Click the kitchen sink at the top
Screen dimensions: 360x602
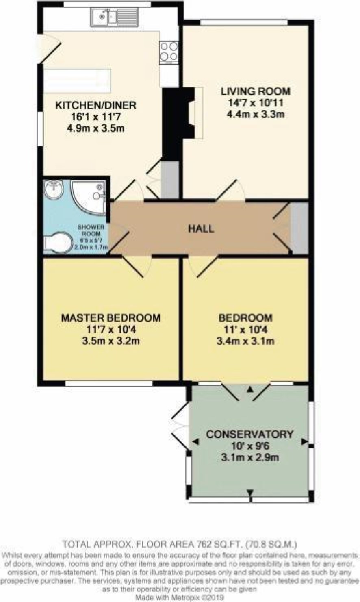115,17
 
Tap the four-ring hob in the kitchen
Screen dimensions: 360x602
169,52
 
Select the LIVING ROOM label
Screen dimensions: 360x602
256,91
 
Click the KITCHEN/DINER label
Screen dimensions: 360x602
96,105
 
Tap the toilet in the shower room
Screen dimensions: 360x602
58,243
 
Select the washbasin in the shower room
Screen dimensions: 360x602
54,189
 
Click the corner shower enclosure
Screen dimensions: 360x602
89,197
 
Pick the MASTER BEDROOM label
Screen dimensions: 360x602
111,318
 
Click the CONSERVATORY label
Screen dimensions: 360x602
249,434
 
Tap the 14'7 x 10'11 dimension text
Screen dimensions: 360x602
256,103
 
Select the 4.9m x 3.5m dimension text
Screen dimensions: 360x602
96,128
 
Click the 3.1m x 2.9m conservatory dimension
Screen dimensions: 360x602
249,457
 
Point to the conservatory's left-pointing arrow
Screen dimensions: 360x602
195,442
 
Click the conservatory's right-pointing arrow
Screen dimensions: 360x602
304,441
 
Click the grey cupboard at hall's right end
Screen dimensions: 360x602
299,228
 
